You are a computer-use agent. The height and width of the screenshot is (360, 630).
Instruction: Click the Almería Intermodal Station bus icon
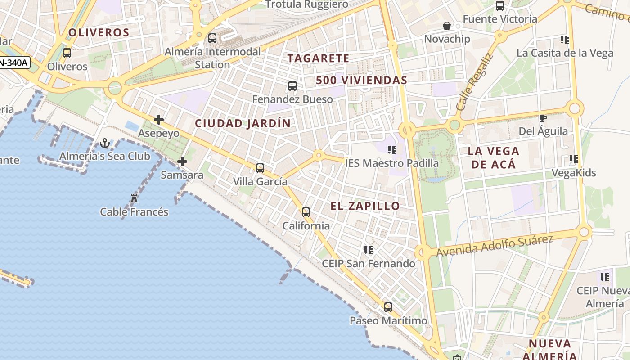point(212,38)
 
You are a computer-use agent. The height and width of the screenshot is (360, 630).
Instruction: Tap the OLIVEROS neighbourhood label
point(99,32)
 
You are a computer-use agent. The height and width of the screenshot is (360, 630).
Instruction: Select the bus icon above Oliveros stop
point(67,53)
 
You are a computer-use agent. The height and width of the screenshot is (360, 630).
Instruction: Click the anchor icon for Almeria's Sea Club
point(105,143)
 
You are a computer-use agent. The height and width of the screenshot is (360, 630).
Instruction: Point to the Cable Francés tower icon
point(134,198)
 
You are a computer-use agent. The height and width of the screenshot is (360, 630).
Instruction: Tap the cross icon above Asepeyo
point(158,120)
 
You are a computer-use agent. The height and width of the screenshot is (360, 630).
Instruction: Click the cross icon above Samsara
point(182,161)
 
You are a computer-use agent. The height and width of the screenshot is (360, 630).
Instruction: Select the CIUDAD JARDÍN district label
point(243,123)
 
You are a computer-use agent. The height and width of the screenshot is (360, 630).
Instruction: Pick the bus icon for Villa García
point(260,168)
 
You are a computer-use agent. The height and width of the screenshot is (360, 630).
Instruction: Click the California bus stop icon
point(306,212)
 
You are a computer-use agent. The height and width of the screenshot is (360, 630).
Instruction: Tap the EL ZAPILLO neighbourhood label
point(365,206)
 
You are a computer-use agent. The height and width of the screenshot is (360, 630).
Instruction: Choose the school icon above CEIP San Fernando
point(369,250)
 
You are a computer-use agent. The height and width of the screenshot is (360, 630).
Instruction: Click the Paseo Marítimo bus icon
point(388,307)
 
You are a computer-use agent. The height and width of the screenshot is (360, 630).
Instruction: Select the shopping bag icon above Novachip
point(447,26)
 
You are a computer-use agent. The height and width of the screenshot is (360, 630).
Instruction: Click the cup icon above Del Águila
point(543,118)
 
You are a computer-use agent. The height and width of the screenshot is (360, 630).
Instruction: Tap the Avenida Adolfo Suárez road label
point(495,246)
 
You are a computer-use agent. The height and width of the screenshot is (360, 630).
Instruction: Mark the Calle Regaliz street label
point(474,82)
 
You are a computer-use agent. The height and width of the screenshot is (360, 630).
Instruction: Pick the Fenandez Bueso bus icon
point(292,85)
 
